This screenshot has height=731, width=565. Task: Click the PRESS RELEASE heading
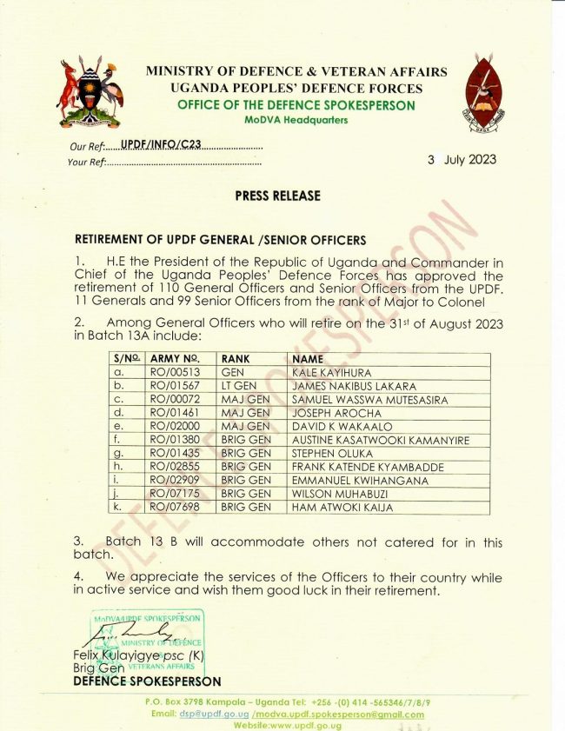pyautogui.click(x=277, y=196)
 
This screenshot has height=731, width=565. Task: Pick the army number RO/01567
pyautogui.click(x=176, y=386)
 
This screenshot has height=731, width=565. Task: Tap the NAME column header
pyautogui.click(x=308, y=358)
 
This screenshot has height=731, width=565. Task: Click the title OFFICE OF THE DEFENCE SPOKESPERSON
pyautogui.click(x=296, y=106)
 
